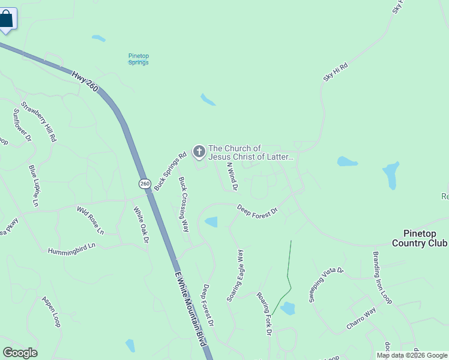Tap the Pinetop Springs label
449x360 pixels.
[x=138, y=59]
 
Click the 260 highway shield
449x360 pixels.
[x=144, y=183]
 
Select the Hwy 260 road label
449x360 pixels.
[x=84, y=82]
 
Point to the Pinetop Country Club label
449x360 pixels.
[x=420, y=238]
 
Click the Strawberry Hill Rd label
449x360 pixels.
[x=38, y=121]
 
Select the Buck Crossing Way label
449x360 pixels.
[x=184, y=205]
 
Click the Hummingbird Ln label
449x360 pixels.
[x=71, y=247]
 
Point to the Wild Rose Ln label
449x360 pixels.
[x=90, y=220]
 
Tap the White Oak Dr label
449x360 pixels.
[x=140, y=225]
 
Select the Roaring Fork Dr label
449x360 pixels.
[x=265, y=313]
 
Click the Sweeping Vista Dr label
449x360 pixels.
[x=326, y=285]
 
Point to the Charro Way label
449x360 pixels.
[x=361, y=319]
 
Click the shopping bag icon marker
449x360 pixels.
[x=5, y=19]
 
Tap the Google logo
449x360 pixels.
[x=20, y=353]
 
